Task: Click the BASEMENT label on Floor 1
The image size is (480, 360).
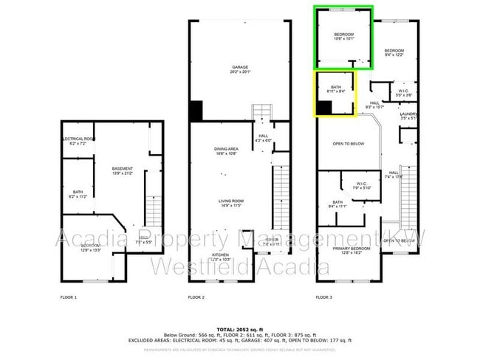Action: [x=122, y=170]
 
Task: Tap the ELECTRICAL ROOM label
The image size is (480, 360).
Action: [x=78, y=140]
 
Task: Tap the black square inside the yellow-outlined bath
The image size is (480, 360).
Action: [x=323, y=108]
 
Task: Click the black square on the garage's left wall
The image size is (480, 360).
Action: [x=196, y=111]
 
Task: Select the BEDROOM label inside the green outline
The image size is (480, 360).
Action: [x=343, y=37]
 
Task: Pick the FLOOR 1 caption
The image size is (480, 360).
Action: [x=68, y=297]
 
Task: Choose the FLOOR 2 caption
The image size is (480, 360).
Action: [x=196, y=297]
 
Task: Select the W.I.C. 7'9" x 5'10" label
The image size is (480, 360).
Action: [x=361, y=185]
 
